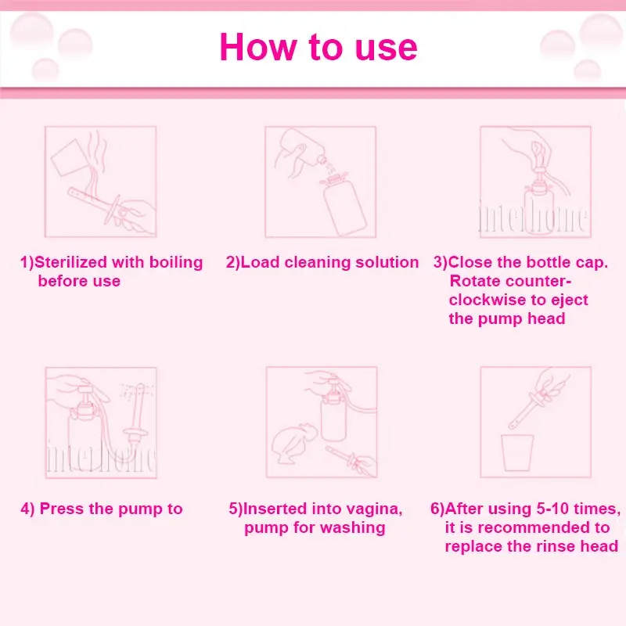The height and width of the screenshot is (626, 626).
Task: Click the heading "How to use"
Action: pos(318,47)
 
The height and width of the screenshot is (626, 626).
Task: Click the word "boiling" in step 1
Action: pos(176,263)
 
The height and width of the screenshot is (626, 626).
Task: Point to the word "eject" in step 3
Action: pos(570,300)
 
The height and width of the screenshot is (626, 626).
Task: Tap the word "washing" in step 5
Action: pos(353,528)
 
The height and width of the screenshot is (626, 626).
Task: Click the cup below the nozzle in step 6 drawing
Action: pos(517,452)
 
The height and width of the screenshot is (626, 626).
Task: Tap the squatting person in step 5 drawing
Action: pos(294,444)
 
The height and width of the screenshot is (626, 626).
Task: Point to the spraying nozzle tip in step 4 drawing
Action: pos(140,387)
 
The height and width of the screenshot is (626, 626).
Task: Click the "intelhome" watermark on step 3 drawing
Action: pos(533,216)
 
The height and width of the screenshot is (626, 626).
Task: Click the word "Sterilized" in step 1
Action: pos(70,262)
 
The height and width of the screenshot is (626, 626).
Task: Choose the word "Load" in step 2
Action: pos(260,262)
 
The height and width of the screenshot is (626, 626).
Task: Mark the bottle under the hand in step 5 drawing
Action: pos(334,416)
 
